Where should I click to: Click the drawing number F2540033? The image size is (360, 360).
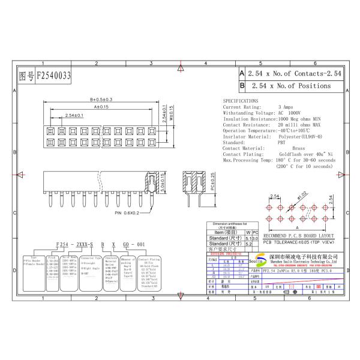[x=54, y=76]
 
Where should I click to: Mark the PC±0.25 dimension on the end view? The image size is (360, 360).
[x=204, y=180]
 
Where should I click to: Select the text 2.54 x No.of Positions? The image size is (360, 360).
[x=290, y=86]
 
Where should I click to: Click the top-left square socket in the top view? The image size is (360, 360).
[x=49, y=130]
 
